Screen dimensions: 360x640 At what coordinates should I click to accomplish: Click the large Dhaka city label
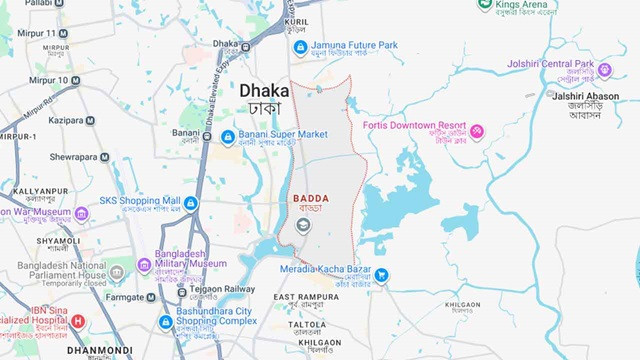(x=264, y=91)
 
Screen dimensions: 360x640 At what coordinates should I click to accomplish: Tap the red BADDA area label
(x=310, y=199)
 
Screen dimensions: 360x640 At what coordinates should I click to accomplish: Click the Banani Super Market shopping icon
(x=228, y=135)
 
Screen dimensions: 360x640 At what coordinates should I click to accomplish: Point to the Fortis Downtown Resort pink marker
(x=477, y=132)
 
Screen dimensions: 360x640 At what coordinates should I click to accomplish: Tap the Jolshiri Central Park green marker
(x=604, y=70)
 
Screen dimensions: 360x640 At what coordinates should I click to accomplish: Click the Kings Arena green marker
(x=484, y=5)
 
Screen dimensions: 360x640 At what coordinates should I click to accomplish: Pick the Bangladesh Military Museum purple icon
(x=144, y=265)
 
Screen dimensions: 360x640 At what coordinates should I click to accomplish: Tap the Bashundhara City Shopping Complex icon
(x=166, y=322)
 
